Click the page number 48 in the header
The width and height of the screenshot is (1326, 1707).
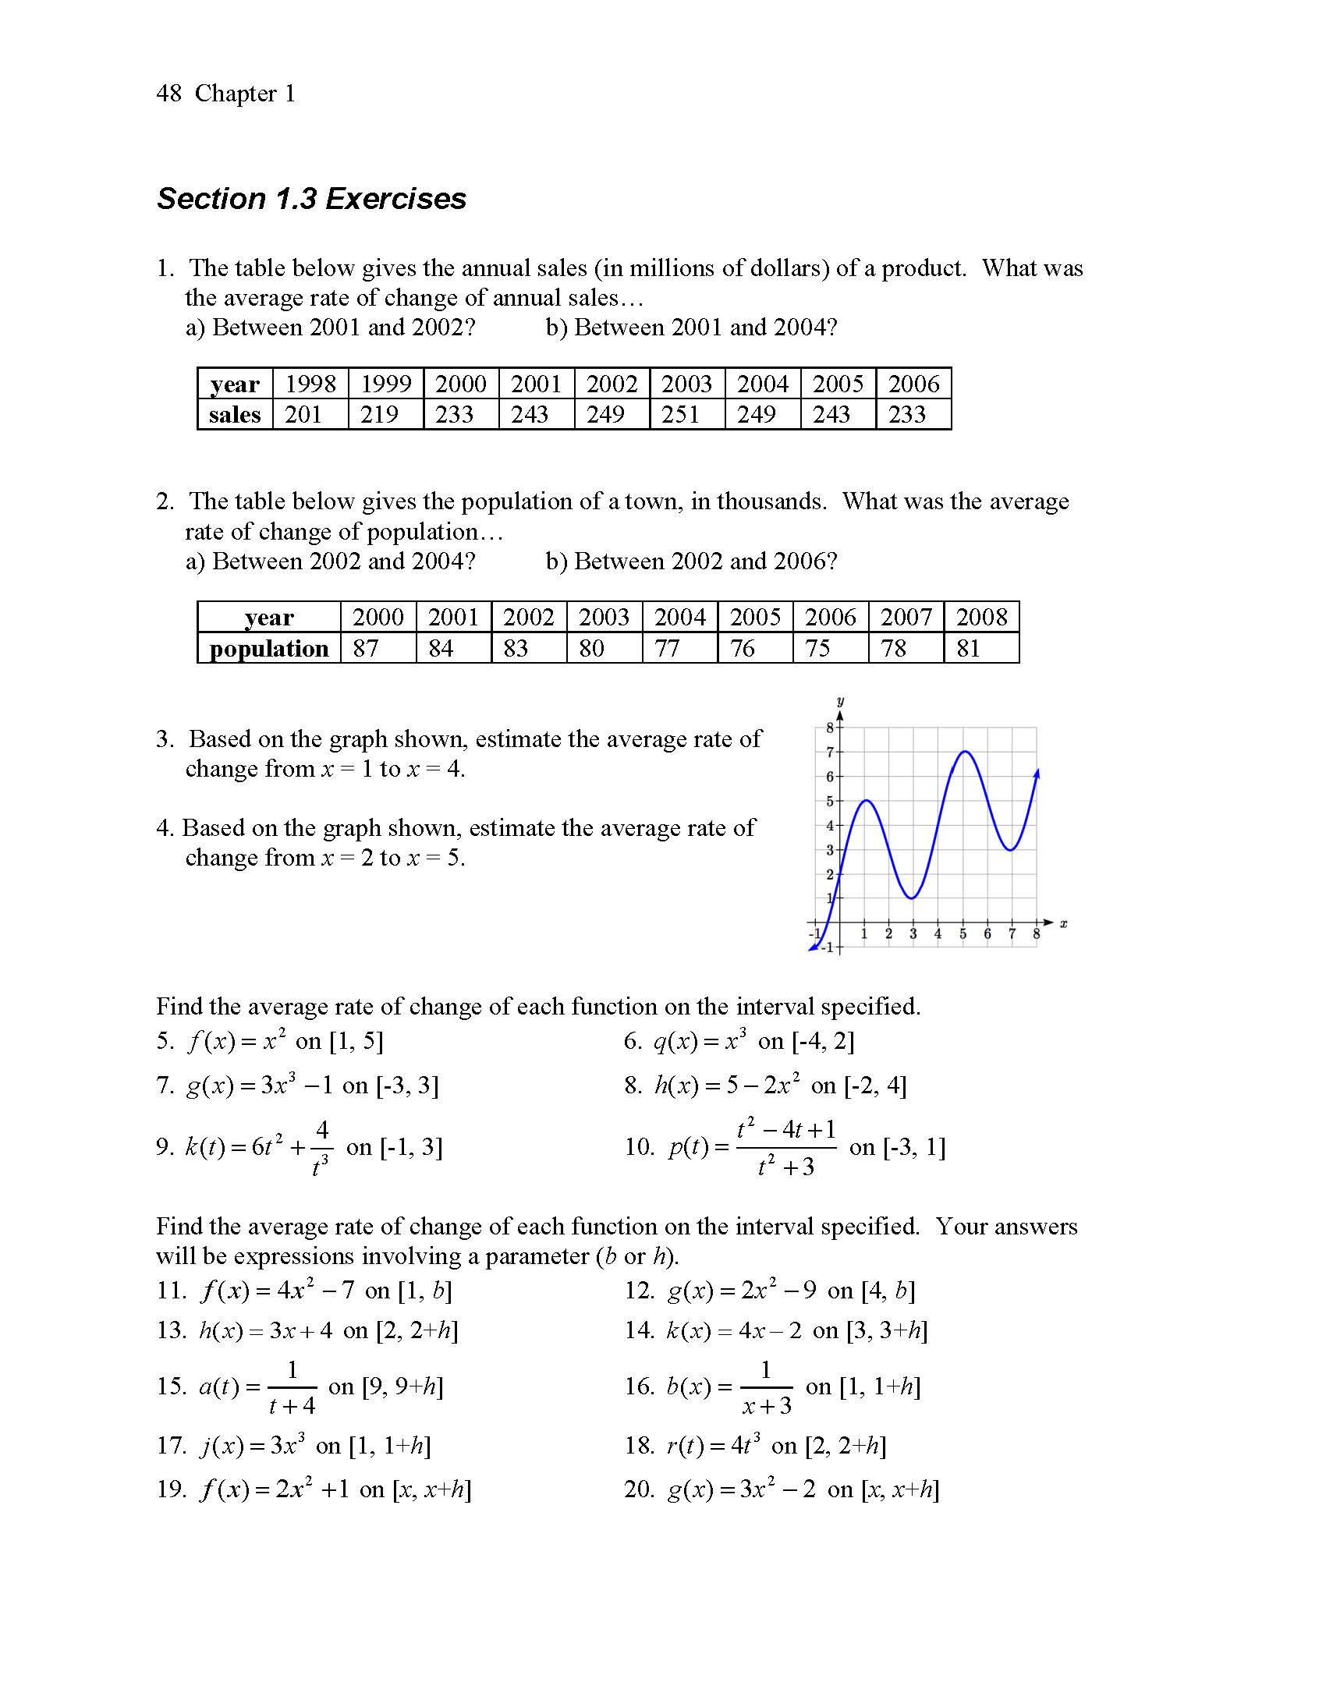(x=169, y=94)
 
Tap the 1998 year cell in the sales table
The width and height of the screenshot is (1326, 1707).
(x=310, y=384)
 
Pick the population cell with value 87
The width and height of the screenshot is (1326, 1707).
(x=366, y=648)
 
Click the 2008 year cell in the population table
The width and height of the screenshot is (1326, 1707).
(x=981, y=618)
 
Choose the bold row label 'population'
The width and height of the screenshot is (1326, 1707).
(x=269, y=649)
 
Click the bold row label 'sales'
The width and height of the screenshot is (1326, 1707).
(x=235, y=414)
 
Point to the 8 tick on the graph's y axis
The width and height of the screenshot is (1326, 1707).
(x=831, y=728)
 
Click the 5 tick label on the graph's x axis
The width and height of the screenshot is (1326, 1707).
(x=963, y=934)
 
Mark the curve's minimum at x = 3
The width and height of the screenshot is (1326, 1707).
(x=913, y=898)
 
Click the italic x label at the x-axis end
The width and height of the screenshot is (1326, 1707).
(x=1063, y=925)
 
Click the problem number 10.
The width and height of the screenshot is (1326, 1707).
(x=639, y=1146)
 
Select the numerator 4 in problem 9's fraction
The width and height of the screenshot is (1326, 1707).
(x=322, y=1129)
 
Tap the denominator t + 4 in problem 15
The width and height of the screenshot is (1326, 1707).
(x=292, y=1406)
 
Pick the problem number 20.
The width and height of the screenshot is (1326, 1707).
(x=639, y=1489)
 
